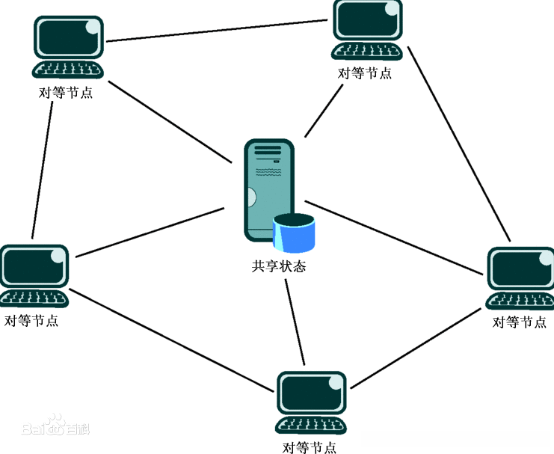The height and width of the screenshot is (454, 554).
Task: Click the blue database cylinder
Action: coord(294,233)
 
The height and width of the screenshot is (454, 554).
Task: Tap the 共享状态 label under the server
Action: coord(278,266)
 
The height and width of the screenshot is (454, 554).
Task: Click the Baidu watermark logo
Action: coord(55,426)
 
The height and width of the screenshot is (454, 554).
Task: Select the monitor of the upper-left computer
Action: coord(69,38)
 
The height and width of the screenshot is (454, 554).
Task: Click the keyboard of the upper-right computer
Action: coord(367,52)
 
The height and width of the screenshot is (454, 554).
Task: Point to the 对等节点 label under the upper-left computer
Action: coord(66,93)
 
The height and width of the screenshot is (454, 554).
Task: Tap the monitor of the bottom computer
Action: coord(311,393)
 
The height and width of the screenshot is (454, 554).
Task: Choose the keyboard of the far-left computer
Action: coord(34,298)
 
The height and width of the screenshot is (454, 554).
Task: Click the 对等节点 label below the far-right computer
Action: coord(520,322)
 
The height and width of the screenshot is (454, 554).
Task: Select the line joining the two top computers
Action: coord(217,31)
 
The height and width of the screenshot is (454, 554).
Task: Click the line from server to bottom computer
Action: coord(295,322)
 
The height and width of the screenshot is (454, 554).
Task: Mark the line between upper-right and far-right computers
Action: coord(459,144)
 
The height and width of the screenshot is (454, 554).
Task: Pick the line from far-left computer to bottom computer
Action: coord(171,340)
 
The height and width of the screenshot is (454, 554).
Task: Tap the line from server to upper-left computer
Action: coord(170,122)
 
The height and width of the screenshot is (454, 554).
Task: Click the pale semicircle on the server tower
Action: coord(251,197)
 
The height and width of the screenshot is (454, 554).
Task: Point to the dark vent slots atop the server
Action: coord(268,150)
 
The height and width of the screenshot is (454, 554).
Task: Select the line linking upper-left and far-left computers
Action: coord(43,170)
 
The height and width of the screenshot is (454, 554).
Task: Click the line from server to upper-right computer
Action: coord(324,111)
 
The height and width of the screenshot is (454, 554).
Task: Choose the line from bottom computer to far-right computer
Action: coord(416,349)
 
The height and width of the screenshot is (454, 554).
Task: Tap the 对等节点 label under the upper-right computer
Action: coord(365,73)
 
